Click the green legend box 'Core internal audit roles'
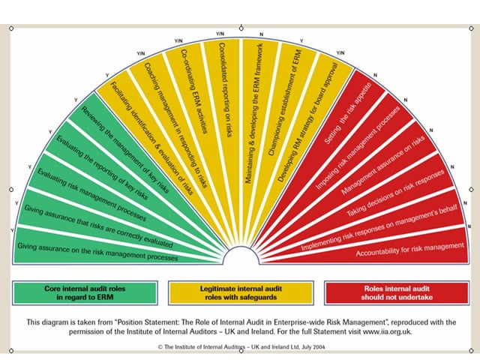85,293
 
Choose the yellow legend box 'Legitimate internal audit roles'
241,293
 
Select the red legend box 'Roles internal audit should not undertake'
397,293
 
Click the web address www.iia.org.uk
387,331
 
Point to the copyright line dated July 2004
241,346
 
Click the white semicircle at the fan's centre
241,255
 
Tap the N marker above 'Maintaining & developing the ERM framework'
261,34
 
